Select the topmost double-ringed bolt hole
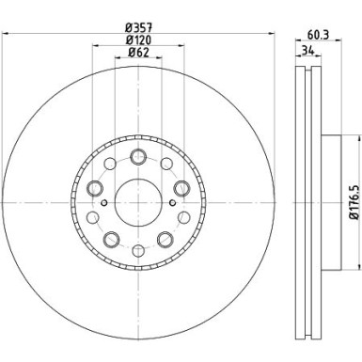138,156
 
